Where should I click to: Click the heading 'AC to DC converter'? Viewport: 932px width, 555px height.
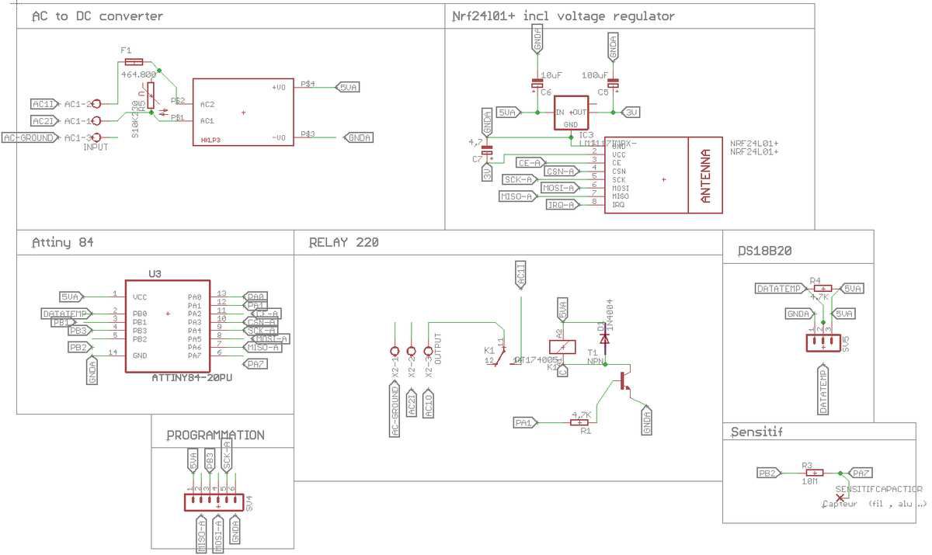click(98, 16)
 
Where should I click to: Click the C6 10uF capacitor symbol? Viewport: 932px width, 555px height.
click(536, 83)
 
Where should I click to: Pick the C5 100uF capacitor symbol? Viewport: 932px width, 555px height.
click(614, 83)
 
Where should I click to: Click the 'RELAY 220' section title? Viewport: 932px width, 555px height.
click(343, 243)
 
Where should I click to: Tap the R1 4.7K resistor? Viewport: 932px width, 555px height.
click(580, 422)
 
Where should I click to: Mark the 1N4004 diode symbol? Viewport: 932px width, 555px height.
click(604, 338)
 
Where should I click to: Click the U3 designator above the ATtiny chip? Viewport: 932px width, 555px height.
click(154, 274)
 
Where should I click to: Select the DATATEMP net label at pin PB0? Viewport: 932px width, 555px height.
click(66, 314)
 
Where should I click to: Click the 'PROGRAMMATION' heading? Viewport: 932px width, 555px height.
click(216, 435)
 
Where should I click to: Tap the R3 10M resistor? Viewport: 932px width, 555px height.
click(813, 472)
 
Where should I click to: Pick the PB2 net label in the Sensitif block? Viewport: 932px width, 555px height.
click(770, 472)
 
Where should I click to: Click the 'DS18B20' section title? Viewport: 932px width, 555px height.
click(765, 251)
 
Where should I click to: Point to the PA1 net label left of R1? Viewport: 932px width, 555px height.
click(525, 422)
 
